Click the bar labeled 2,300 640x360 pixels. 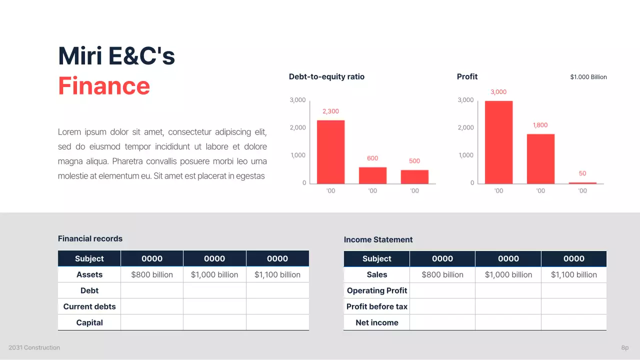330,152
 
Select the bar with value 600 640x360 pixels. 372,175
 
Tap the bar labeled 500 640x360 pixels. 414,177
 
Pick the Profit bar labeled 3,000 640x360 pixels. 498,142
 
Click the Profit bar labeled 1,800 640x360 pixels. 540,159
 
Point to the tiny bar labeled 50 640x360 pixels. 582,183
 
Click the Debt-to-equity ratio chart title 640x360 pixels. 326,76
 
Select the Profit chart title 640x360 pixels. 467,76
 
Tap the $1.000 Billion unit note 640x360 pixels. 588,77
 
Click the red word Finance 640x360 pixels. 104,85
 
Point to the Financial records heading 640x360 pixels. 90,238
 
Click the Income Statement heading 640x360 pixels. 378,239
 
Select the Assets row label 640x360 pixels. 89,274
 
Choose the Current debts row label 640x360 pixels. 89,306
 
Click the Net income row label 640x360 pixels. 377,322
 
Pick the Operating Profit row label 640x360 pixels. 377,290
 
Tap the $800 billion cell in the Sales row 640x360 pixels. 442,274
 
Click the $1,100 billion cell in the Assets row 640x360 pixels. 277,274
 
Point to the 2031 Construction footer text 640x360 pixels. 34,347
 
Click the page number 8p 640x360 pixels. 624,347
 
